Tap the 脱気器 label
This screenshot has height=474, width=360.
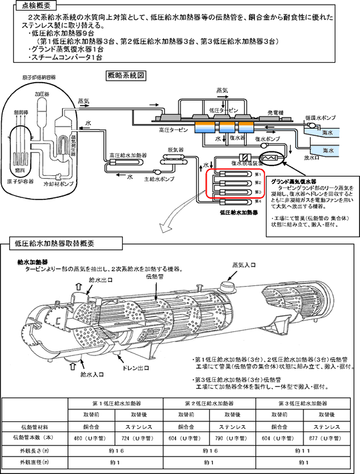point(175,149)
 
